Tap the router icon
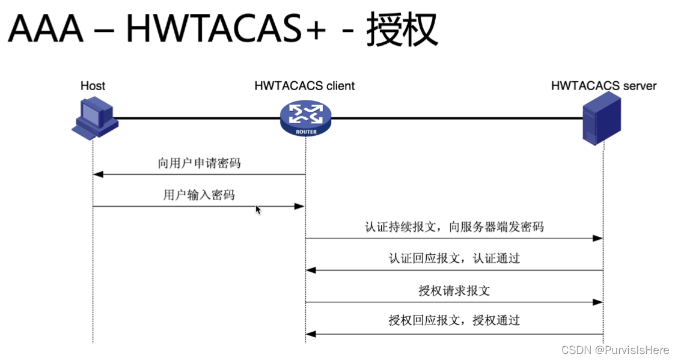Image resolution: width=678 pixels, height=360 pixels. click(305, 118)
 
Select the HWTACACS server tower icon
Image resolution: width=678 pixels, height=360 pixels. click(601, 121)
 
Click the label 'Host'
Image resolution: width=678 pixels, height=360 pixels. click(93, 86)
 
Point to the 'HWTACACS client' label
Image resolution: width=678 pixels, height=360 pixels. click(305, 86)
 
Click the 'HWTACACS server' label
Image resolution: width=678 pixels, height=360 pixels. click(603, 86)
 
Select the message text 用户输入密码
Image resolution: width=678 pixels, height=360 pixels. click(199, 195)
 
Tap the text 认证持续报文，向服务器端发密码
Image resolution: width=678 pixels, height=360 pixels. click(454, 227)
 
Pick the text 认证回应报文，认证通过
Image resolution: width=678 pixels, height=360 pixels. click(454, 259)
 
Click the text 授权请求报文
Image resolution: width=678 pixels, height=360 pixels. click(454, 291)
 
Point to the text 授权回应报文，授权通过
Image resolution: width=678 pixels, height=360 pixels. click(454, 320)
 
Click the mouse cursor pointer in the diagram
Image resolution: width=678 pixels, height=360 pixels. click(258, 210)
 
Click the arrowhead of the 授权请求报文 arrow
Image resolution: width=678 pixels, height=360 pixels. click(597, 302)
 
